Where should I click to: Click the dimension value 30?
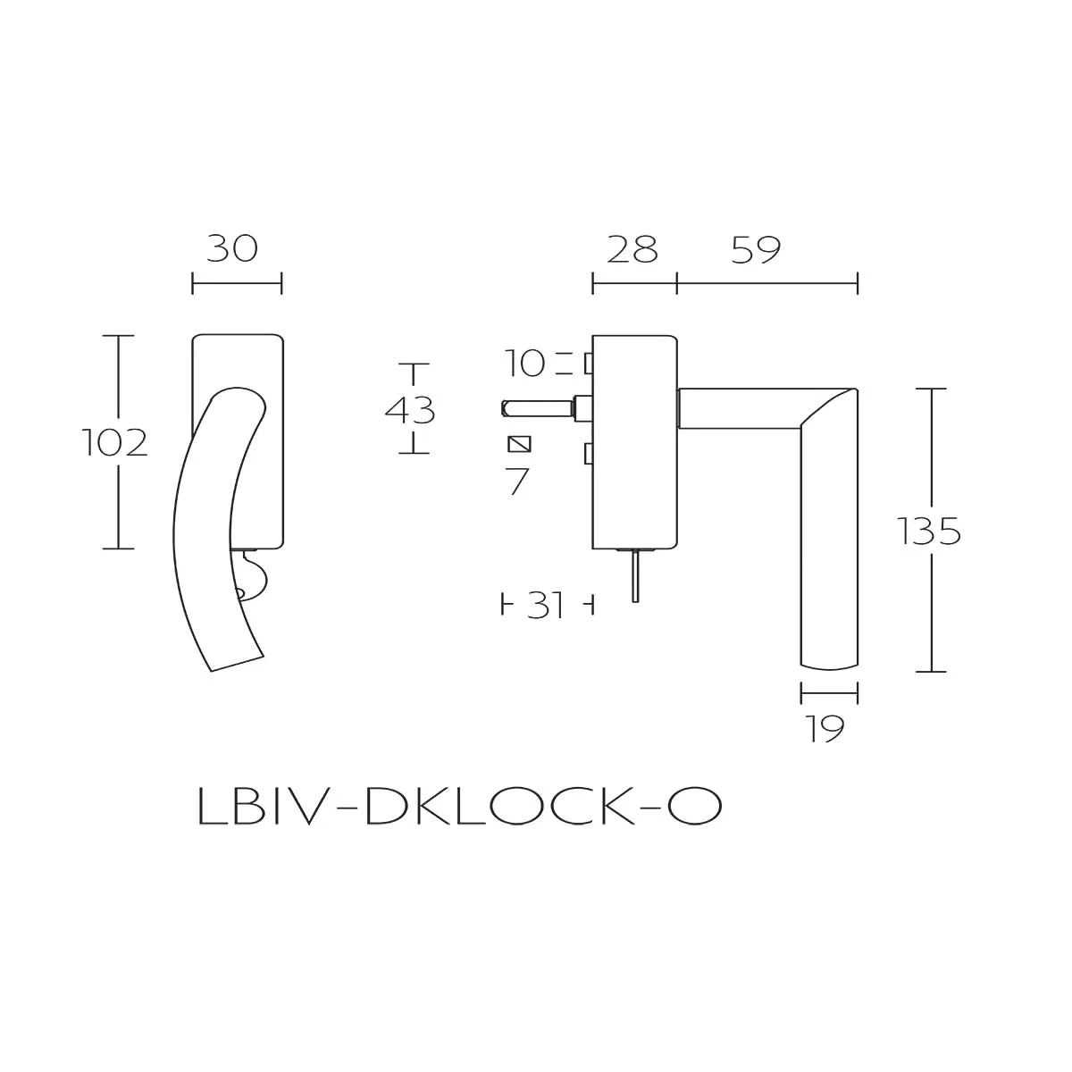pyautogui.click(x=232, y=248)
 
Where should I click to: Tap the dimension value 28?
pyautogui.click(x=632, y=250)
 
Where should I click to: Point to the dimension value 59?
pyautogui.click(x=756, y=250)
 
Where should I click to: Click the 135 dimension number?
pyautogui.click(x=929, y=532)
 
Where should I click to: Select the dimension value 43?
pyautogui.click(x=410, y=410)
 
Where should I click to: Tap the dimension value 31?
pyautogui.click(x=546, y=606)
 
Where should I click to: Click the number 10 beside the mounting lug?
pyautogui.click(x=524, y=364)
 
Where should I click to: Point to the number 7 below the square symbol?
pyautogui.click(x=518, y=482)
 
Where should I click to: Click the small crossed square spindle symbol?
pyautogui.click(x=519, y=444)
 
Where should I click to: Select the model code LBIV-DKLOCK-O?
pyautogui.click(x=458, y=808)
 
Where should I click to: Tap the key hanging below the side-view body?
pyautogui.click(x=634, y=576)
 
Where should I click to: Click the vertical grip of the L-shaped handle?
pyautogui.click(x=828, y=554)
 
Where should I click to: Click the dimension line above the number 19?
pyautogui.click(x=829, y=691)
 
